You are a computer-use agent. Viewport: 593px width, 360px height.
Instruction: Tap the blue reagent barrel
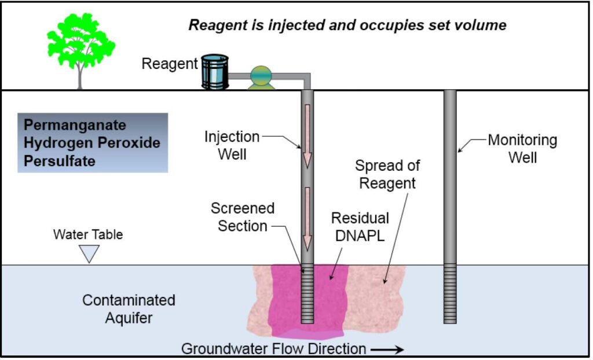click(x=215, y=71)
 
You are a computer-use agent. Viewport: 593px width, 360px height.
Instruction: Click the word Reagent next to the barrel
click(x=170, y=64)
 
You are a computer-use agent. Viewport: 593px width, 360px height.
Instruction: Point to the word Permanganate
click(x=75, y=126)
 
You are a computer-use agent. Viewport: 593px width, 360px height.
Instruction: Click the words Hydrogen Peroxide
click(x=92, y=142)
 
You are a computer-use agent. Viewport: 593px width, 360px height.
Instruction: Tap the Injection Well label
click(x=232, y=146)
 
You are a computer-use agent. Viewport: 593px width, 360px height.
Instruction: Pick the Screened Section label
click(x=242, y=217)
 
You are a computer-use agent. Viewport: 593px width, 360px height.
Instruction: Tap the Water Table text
click(x=88, y=235)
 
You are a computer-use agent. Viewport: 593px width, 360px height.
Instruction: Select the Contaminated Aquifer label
click(x=129, y=309)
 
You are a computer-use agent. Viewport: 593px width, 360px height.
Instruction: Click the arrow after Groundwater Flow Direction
click(x=387, y=349)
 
